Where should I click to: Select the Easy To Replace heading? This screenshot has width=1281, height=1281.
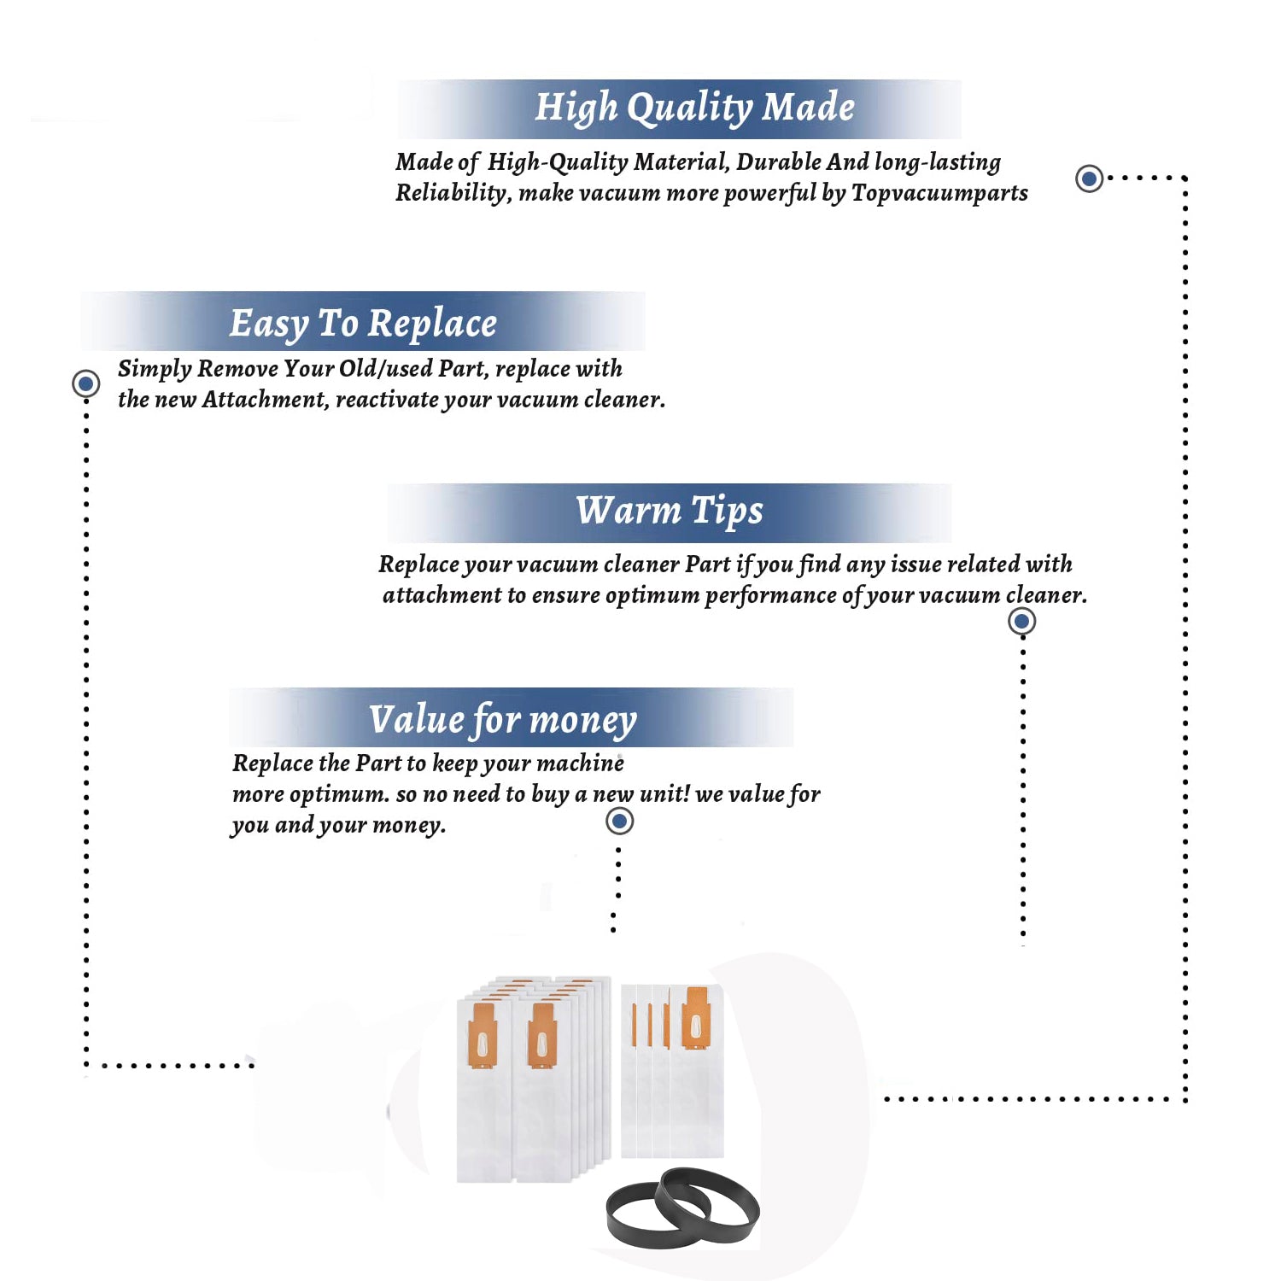363,324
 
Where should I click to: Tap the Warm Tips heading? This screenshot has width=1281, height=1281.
669,511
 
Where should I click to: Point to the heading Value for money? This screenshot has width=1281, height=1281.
503,720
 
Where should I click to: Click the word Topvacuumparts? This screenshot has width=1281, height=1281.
939,193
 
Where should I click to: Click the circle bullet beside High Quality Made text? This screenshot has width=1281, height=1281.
1089,178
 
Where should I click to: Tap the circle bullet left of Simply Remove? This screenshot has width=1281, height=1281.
85,383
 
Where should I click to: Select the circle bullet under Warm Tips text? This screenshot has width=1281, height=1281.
1022,621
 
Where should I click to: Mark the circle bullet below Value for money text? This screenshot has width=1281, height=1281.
619,822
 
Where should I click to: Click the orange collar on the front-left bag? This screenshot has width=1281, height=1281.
483,1035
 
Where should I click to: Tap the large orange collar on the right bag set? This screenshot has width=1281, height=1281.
696,1017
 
